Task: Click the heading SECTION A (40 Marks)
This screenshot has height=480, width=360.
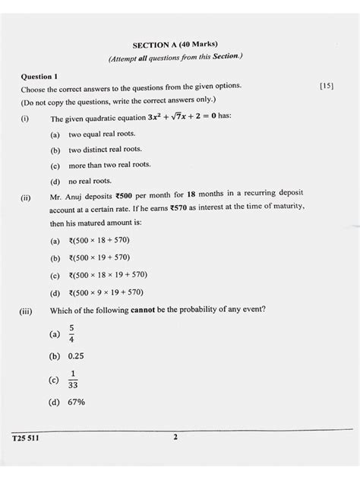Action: (180, 46)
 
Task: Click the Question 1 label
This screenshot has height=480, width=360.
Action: (43, 77)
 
